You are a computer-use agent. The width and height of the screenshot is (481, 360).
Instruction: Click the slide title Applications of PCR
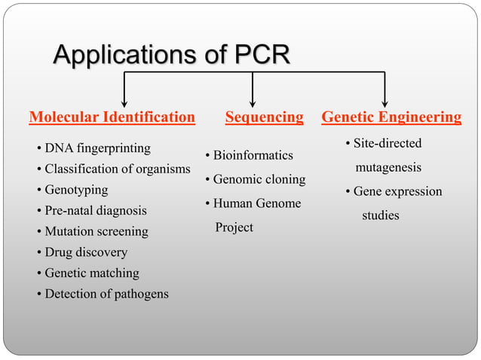tap(172, 56)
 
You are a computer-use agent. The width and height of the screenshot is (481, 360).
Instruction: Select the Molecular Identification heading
tap(112, 117)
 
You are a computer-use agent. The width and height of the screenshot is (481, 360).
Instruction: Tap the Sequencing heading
tap(264, 117)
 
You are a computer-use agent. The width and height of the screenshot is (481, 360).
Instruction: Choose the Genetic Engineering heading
tap(391, 117)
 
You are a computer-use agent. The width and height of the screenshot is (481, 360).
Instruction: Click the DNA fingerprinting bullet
tap(97, 148)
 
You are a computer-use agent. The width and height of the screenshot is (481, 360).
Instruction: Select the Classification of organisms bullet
tap(117, 169)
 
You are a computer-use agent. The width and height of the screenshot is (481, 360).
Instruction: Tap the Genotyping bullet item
tap(75, 190)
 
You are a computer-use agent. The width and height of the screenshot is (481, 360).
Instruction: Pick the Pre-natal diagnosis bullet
tap(95, 211)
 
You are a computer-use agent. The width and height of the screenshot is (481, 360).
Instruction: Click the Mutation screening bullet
tap(96, 231)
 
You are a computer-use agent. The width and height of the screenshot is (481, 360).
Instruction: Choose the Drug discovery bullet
tap(85, 252)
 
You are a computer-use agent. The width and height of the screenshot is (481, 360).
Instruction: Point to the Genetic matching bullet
tap(91, 273)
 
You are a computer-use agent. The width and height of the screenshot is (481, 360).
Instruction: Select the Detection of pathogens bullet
tap(106, 294)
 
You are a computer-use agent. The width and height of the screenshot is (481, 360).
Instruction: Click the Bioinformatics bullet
tap(253, 155)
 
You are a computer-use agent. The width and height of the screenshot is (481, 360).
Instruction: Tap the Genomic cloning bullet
tap(259, 179)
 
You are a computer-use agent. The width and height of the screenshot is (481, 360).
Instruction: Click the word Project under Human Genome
tap(234, 227)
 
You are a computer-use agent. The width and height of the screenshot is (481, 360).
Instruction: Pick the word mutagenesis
tap(388, 167)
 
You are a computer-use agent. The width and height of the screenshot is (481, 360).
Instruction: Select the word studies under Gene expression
tap(380, 215)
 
